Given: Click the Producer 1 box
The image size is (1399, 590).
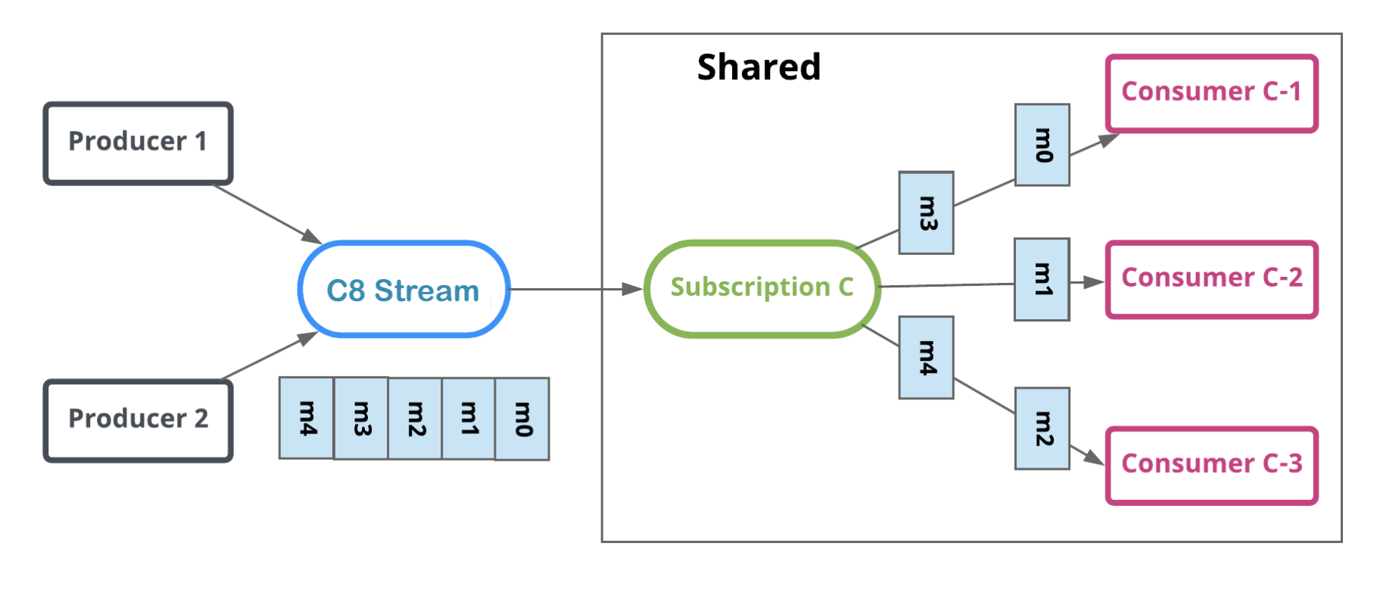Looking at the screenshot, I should (x=138, y=143).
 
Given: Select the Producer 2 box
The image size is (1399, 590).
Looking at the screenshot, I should (x=138, y=421).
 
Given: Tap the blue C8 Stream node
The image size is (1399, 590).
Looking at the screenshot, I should (x=403, y=290).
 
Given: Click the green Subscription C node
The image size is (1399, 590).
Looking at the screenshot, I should (x=762, y=288).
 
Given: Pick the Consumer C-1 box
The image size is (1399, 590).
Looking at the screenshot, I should (x=1211, y=93).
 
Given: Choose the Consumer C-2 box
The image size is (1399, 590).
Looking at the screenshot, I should (x=1211, y=279).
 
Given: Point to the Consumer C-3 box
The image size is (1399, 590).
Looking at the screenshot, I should (x=1211, y=465).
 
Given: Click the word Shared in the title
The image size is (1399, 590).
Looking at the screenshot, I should (x=759, y=67).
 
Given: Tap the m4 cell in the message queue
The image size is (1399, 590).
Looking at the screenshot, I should (x=307, y=418).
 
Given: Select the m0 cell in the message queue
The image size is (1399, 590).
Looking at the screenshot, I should (x=522, y=418).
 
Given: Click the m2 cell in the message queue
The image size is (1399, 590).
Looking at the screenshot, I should (x=415, y=418).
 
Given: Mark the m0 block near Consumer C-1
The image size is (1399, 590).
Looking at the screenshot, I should (x=1042, y=145).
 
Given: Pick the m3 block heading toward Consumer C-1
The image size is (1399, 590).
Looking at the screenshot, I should (x=926, y=213).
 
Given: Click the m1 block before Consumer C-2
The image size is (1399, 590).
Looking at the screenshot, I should (x=1042, y=279).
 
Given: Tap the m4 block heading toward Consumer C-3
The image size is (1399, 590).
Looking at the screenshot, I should (x=926, y=357).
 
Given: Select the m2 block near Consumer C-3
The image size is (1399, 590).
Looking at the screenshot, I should (x=1042, y=428).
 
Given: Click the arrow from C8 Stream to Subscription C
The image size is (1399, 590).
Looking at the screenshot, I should (x=575, y=289).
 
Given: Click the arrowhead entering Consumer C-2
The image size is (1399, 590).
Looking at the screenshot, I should (x=1095, y=282).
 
